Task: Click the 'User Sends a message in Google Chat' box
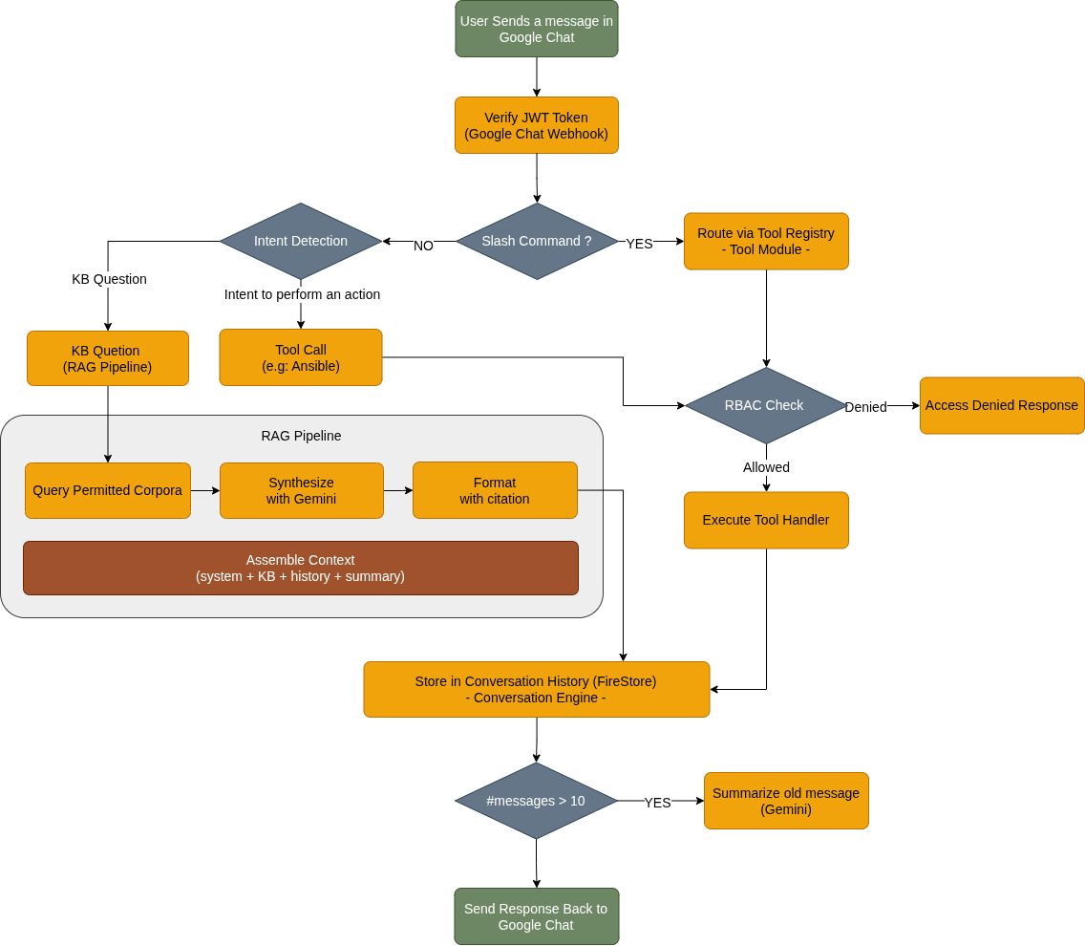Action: coord(536,29)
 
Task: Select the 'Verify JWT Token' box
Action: coord(536,125)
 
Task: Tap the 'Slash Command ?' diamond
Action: coord(536,241)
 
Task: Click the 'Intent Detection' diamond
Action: coord(301,241)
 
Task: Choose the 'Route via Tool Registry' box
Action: coord(766,241)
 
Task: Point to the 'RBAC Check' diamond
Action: coord(765,405)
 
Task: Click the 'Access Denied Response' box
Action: coord(1002,405)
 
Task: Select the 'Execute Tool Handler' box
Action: coord(766,520)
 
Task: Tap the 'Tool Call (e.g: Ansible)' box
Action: coord(301,357)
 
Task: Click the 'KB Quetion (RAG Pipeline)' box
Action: coord(108,358)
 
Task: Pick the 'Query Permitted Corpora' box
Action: coord(108,490)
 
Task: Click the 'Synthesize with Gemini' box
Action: coord(302,490)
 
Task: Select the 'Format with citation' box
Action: coord(495,490)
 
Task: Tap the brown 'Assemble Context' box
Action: coord(301,568)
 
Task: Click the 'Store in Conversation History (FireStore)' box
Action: coord(536,689)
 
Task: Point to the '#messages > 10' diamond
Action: coord(536,801)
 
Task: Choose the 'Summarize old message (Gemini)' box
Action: coord(786,801)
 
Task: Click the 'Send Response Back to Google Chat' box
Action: coord(536,916)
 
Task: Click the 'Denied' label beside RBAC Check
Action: coord(865,407)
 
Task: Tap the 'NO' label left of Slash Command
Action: coord(423,246)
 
